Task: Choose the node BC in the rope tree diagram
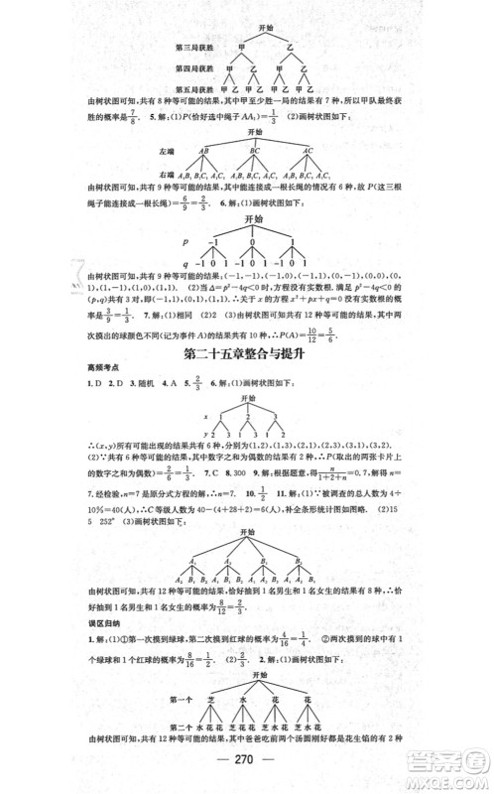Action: pyautogui.click(x=255, y=150)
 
